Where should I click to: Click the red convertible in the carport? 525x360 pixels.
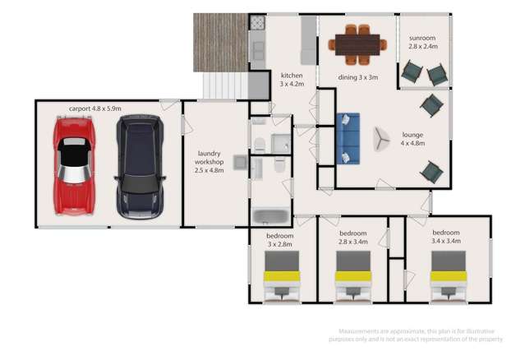(75, 165)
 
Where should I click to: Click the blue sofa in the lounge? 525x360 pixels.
(348, 137)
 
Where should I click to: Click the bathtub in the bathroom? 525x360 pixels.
(269, 216)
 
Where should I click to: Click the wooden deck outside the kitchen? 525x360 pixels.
(221, 42)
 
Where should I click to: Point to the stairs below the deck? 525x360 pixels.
(224, 85)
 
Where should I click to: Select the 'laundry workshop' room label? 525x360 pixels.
(210, 162)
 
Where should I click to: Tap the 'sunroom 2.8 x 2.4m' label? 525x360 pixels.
(425, 43)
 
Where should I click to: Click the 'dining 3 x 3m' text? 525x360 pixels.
(358, 78)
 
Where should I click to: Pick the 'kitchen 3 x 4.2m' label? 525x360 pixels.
(292, 79)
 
